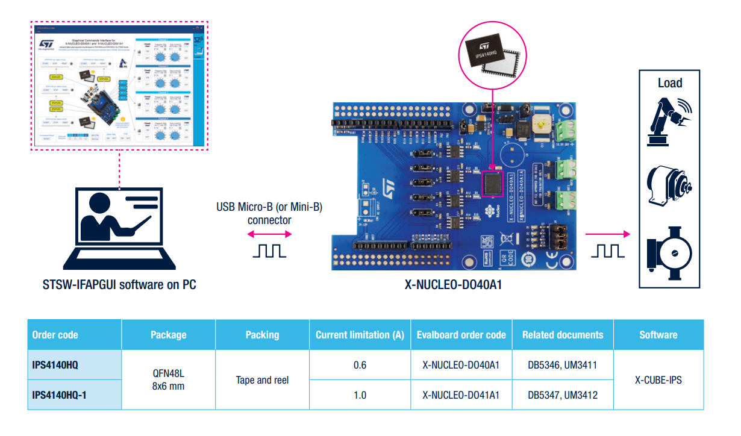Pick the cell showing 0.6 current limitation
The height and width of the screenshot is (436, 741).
point(360,365)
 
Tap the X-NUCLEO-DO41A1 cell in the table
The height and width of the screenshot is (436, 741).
point(461,395)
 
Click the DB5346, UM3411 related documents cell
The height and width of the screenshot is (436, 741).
point(562,365)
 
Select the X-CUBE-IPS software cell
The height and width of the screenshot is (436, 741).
point(658,380)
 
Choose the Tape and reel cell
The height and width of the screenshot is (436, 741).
point(262,380)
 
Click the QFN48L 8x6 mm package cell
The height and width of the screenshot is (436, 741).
point(168,379)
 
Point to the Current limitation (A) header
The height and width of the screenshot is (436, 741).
point(360,335)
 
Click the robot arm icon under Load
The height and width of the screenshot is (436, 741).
point(669,121)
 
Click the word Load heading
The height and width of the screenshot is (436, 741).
point(670,83)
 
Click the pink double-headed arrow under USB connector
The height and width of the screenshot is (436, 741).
point(269,234)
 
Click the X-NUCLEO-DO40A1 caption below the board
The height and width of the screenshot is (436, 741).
point(453,284)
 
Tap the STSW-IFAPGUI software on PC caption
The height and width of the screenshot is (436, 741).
point(119,284)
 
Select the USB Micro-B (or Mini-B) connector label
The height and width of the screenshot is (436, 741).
point(269,214)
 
